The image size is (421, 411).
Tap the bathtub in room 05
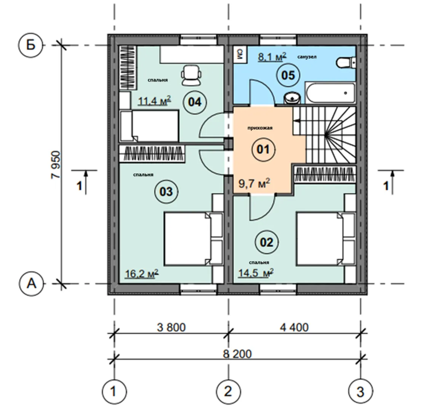coord(330,93)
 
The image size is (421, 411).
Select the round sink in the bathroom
coord(292,98)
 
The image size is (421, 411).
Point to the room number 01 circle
coord(263,149)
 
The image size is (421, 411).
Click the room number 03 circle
coord(166,191)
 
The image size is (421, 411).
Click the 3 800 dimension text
coord(171,327)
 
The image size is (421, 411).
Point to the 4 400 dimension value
coord(294,327)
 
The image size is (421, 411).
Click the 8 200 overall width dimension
coord(237,354)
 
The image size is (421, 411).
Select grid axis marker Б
coord(31,45)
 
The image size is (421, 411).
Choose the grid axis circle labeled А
coord(31,284)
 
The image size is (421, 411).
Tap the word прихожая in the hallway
coord(260,128)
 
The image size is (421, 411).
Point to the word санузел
coord(307,57)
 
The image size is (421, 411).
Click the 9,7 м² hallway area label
coord(254,184)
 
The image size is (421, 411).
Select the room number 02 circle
coord(267,242)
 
